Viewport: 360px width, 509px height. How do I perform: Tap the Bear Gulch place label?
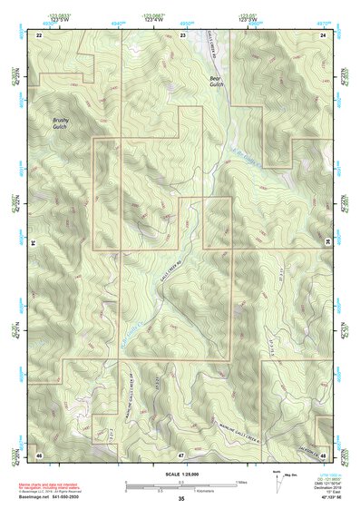(215, 83)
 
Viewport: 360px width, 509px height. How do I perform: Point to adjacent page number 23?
(182, 34)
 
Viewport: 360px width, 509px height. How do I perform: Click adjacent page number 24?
(324, 34)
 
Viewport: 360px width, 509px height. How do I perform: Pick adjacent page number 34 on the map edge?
(34, 243)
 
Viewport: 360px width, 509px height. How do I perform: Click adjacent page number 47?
(182, 453)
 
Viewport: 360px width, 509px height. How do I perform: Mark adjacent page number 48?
(324, 453)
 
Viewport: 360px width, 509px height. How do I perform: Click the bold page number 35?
(181, 499)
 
